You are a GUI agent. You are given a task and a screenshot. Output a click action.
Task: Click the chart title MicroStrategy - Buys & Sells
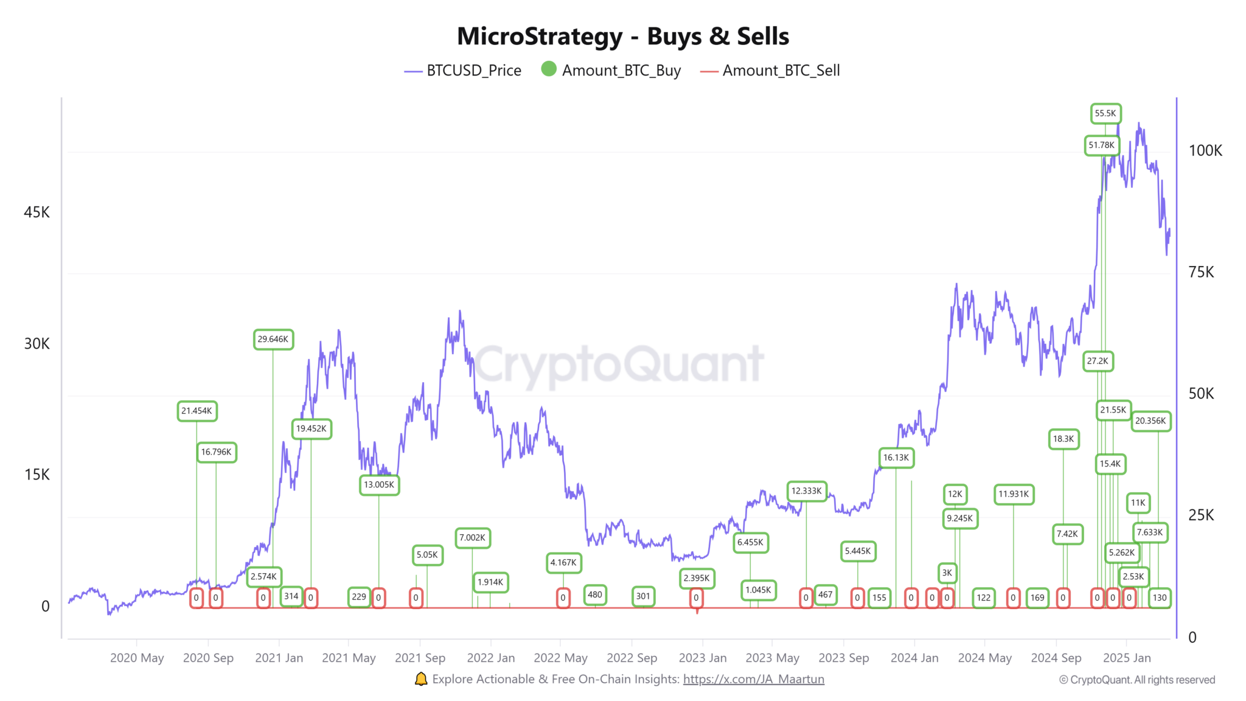click(x=623, y=37)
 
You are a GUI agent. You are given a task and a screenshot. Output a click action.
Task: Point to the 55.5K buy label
click(x=1105, y=113)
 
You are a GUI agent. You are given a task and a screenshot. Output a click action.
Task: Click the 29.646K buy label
click(x=273, y=339)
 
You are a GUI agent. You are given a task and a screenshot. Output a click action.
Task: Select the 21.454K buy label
click(x=197, y=411)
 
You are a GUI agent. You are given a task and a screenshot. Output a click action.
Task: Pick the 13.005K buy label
click(x=379, y=484)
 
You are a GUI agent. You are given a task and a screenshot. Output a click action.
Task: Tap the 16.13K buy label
click(x=896, y=458)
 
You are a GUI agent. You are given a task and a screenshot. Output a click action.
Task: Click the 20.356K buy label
click(x=1150, y=420)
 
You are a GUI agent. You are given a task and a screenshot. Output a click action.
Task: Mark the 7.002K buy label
click(x=472, y=537)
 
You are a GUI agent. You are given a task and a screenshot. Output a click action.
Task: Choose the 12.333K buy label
click(x=806, y=490)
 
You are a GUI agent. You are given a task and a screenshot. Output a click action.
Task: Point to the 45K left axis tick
click(x=37, y=212)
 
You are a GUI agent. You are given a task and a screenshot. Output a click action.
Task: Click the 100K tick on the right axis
click(x=1205, y=150)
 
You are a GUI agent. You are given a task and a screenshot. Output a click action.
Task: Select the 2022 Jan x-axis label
click(x=490, y=658)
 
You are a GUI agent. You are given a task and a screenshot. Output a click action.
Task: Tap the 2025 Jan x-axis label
click(x=1126, y=658)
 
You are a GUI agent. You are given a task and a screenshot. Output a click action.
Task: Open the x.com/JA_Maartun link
click(x=753, y=679)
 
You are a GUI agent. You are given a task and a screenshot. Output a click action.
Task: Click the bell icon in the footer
click(x=421, y=679)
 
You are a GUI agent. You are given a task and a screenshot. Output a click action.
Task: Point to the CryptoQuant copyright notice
click(x=1136, y=680)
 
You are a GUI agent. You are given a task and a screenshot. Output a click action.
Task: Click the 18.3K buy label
click(x=1063, y=439)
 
